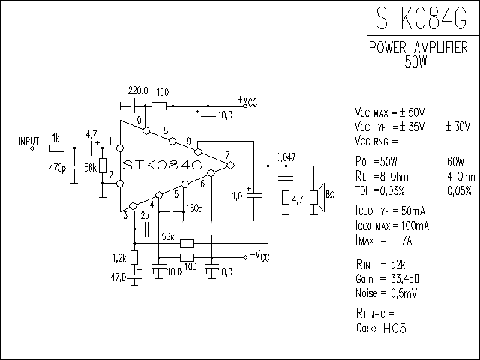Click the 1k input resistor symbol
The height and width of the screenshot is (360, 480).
click(56, 148)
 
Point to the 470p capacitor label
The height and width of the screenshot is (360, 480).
click(57, 168)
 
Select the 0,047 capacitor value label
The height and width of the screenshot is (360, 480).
click(286, 157)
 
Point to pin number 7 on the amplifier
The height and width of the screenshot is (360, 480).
click(226, 155)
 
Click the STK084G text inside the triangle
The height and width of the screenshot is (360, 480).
click(163, 164)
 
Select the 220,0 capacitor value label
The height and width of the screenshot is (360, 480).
click(138, 90)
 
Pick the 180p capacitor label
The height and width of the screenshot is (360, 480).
click(194, 208)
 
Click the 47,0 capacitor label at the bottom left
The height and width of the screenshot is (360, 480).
click(118, 277)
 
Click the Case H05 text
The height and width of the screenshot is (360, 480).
click(381, 328)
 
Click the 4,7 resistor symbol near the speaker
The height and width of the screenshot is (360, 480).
click(286, 198)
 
